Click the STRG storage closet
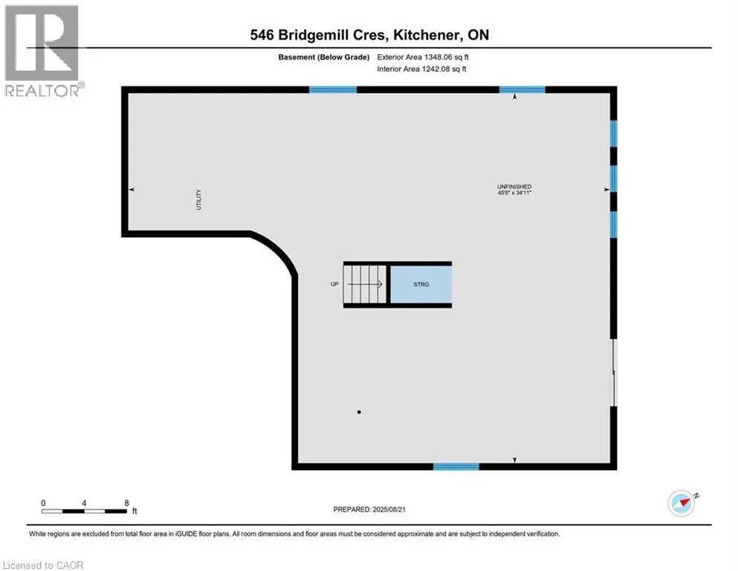tap(421, 285)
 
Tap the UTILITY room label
tap(198, 200)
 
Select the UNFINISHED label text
tap(515, 186)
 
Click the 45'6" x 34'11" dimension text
tap(515, 193)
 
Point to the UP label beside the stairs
tap(334, 285)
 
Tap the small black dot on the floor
tap(359, 412)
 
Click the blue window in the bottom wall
tap(456, 466)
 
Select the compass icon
tap(682, 503)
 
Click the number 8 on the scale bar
tap(127, 503)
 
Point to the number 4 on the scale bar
tap(85, 503)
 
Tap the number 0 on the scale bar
tap(43, 503)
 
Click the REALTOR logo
tap(42, 51)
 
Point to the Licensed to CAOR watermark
tap(43, 565)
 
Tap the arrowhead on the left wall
tap(132, 190)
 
